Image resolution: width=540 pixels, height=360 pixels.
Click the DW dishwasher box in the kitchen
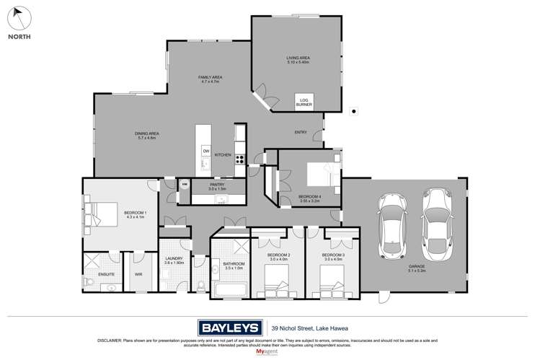(x=205, y=151)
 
